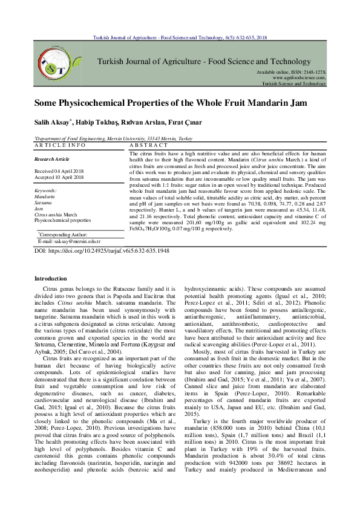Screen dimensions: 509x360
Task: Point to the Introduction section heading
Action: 51,279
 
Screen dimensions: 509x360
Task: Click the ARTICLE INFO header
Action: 60,146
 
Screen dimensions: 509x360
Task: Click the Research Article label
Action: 52,159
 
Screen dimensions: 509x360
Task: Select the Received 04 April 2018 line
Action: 59,172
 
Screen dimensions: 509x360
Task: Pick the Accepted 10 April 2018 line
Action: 59,178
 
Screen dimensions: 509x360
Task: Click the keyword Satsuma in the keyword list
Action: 43,203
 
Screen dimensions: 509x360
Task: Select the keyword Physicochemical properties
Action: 63,221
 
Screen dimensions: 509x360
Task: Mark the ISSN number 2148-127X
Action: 314,72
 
